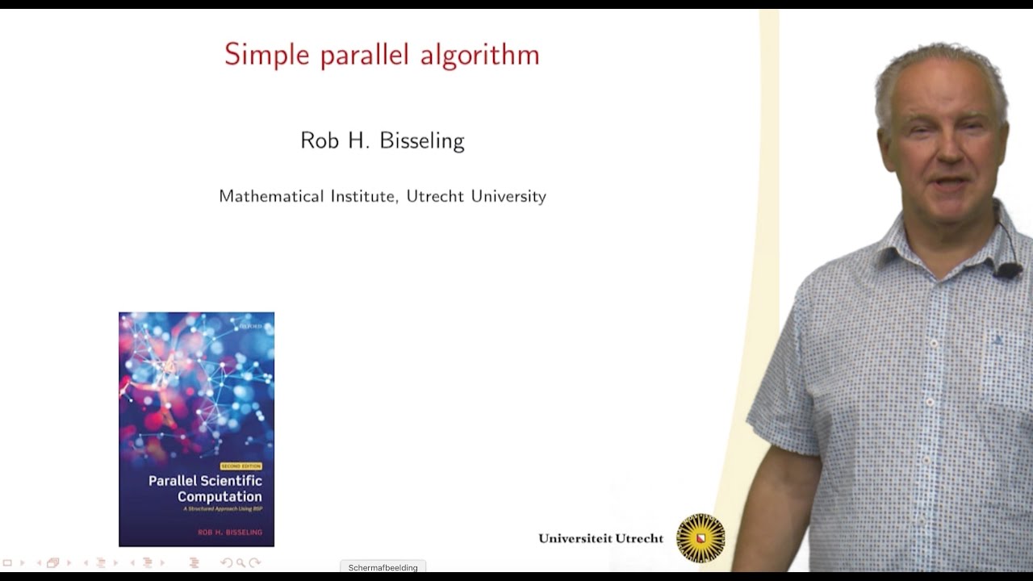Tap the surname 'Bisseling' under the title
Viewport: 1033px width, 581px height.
tap(424, 141)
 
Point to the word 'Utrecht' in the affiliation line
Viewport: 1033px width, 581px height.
tap(436, 196)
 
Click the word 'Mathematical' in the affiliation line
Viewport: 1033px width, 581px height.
tap(271, 196)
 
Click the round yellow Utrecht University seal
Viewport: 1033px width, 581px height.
tap(701, 537)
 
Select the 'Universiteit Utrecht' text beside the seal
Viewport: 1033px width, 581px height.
tap(600, 538)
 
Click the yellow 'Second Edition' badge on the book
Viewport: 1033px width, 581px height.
tap(240, 466)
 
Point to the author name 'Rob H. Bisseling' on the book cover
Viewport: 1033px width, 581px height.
tap(229, 533)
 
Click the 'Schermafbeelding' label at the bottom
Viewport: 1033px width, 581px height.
tap(383, 567)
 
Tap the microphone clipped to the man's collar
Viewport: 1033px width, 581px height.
tap(1007, 270)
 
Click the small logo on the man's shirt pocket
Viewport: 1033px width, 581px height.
tap(997, 340)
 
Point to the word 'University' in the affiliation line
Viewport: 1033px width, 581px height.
tap(510, 196)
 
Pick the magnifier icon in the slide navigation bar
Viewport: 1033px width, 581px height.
tap(240, 562)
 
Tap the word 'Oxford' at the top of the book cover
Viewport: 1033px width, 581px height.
tap(251, 326)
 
